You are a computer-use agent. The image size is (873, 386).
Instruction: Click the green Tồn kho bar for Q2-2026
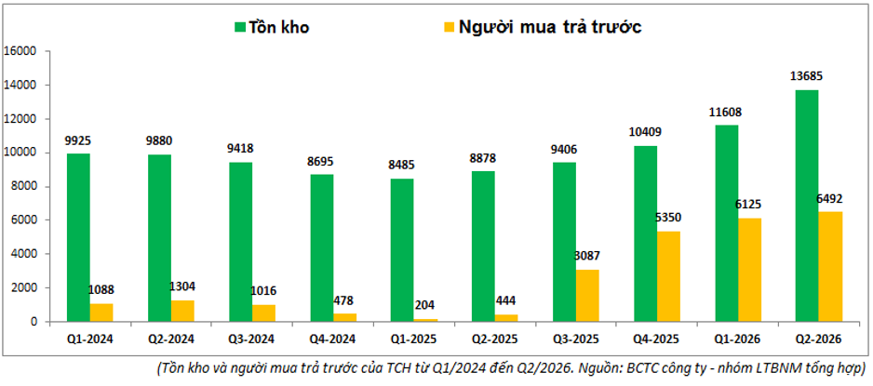[807, 206]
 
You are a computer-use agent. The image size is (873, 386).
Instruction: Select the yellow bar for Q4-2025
[668, 276]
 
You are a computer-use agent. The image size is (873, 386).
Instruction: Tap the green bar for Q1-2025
[402, 250]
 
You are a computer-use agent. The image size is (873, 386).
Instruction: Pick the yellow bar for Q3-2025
[587, 296]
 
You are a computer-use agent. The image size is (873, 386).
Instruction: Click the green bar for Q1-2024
[78, 238]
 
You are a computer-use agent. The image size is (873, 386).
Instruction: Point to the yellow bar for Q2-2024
[182, 311]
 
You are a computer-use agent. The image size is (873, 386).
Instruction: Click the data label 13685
[806, 75]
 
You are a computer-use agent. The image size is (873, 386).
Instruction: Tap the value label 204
[424, 305]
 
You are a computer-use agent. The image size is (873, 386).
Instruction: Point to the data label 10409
[645, 132]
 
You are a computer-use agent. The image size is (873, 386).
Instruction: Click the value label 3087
[587, 256]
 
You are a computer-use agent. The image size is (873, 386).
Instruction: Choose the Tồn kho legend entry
[272, 27]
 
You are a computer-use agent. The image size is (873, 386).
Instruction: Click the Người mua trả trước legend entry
[544, 27]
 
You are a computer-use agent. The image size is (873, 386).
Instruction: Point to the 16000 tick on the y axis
[20, 51]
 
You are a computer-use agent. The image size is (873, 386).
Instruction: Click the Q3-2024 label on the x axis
[252, 339]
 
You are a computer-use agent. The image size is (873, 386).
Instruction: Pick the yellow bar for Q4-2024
[344, 317]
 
